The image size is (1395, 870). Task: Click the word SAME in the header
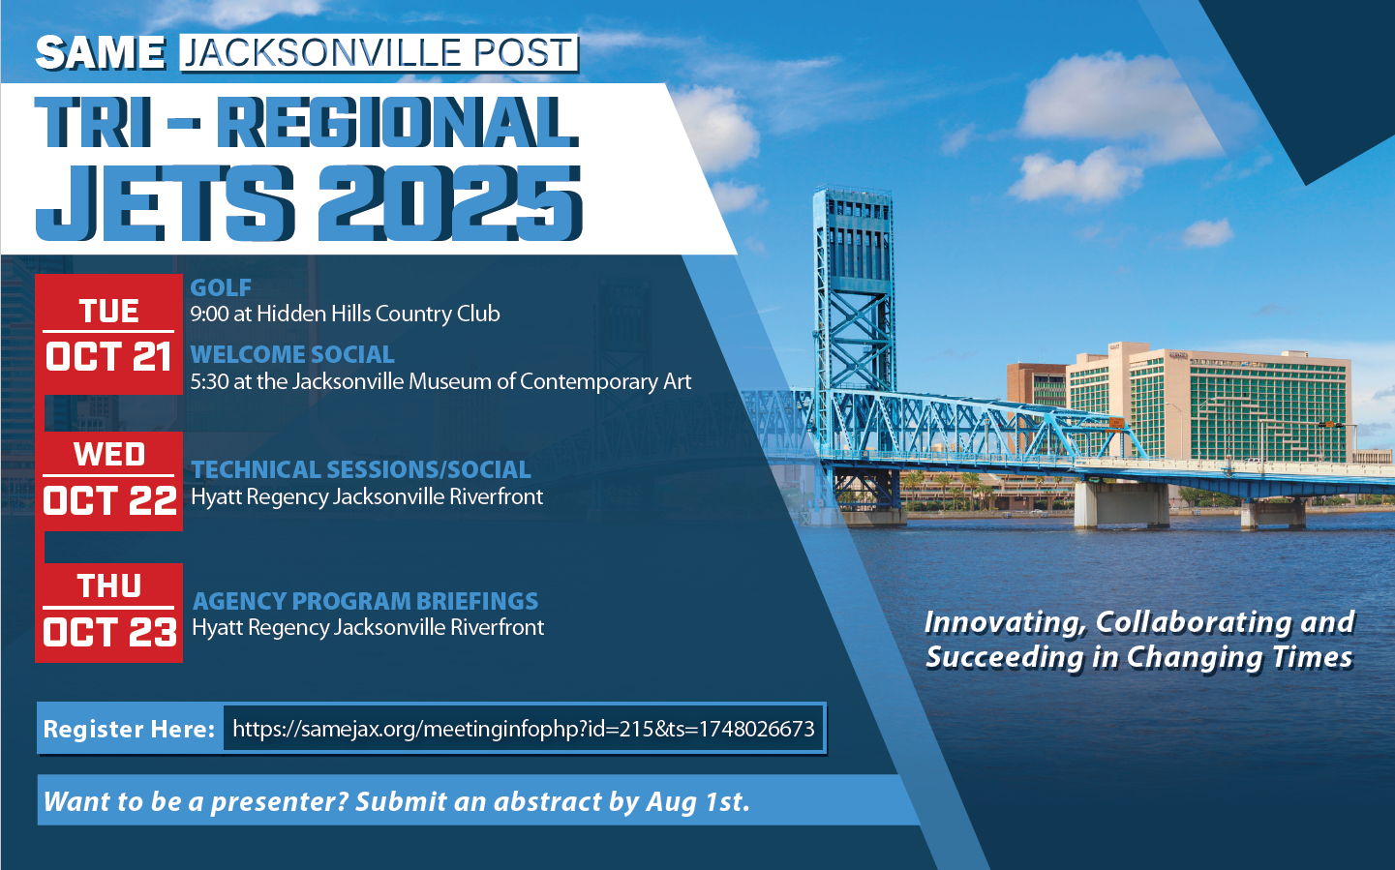click(x=101, y=52)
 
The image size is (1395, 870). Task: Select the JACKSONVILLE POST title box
click(x=379, y=53)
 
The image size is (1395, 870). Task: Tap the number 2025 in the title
click(x=450, y=203)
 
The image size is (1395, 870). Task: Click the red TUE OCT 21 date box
click(x=109, y=334)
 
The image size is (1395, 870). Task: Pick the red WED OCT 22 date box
click(x=109, y=481)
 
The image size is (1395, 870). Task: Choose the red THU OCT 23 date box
click(x=109, y=613)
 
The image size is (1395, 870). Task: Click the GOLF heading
click(x=221, y=287)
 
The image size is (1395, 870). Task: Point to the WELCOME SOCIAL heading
click(x=292, y=354)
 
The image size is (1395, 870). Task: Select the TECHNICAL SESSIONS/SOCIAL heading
click(x=360, y=469)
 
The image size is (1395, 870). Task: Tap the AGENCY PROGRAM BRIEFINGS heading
click(x=366, y=601)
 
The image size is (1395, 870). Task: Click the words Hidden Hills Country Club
click(x=378, y=314)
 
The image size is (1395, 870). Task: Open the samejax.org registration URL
click(x=523, y=729)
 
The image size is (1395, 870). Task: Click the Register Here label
click(x=129, y=729)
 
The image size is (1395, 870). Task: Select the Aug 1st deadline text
click(x=697, y=801)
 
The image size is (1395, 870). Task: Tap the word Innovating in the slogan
click(x=1005, y=623)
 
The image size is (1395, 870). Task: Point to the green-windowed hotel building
click(x=1208, y=405)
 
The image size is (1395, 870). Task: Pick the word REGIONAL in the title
click(x=397, y=122)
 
